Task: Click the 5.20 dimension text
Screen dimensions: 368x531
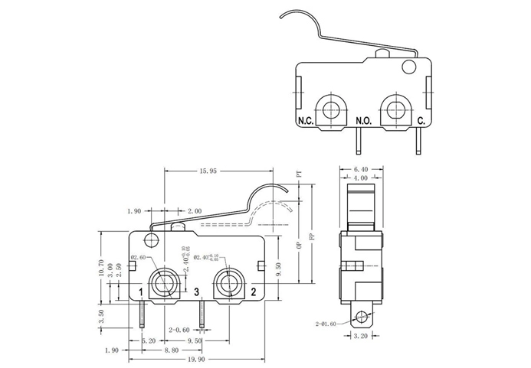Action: pos(149,340)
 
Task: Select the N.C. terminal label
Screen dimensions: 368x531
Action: pos(306,121)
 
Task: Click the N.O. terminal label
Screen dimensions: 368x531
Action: pos(363,121)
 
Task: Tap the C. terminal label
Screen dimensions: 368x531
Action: pos(421,121)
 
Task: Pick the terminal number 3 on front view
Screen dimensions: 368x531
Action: pos(197,291)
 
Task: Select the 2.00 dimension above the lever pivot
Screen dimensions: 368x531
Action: pos(194,210)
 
